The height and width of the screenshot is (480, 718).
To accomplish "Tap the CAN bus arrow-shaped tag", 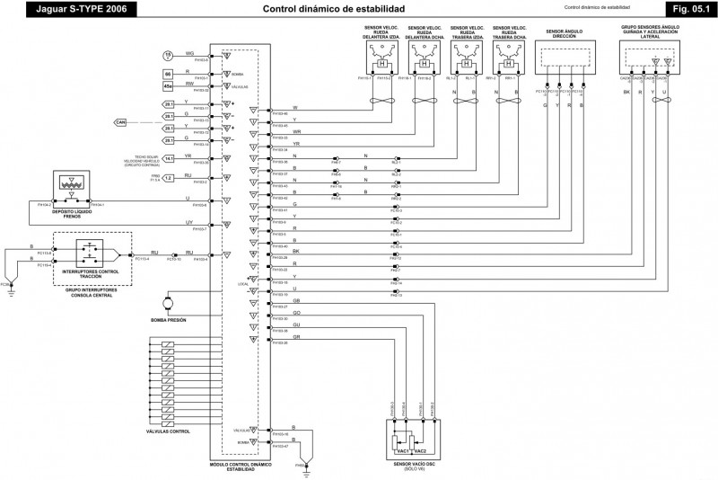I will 121,121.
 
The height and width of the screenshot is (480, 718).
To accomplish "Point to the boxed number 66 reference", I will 168,73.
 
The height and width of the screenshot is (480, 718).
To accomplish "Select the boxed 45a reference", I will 168,87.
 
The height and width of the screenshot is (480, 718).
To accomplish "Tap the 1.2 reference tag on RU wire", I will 169,178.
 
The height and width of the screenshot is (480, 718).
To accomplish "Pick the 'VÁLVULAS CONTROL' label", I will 167,431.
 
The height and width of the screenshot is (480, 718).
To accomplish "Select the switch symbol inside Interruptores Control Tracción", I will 91,253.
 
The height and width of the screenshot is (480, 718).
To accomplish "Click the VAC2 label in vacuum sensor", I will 420,449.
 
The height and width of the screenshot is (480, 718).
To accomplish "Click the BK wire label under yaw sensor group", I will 626,92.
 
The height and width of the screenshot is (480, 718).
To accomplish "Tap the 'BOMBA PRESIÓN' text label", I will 168,320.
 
